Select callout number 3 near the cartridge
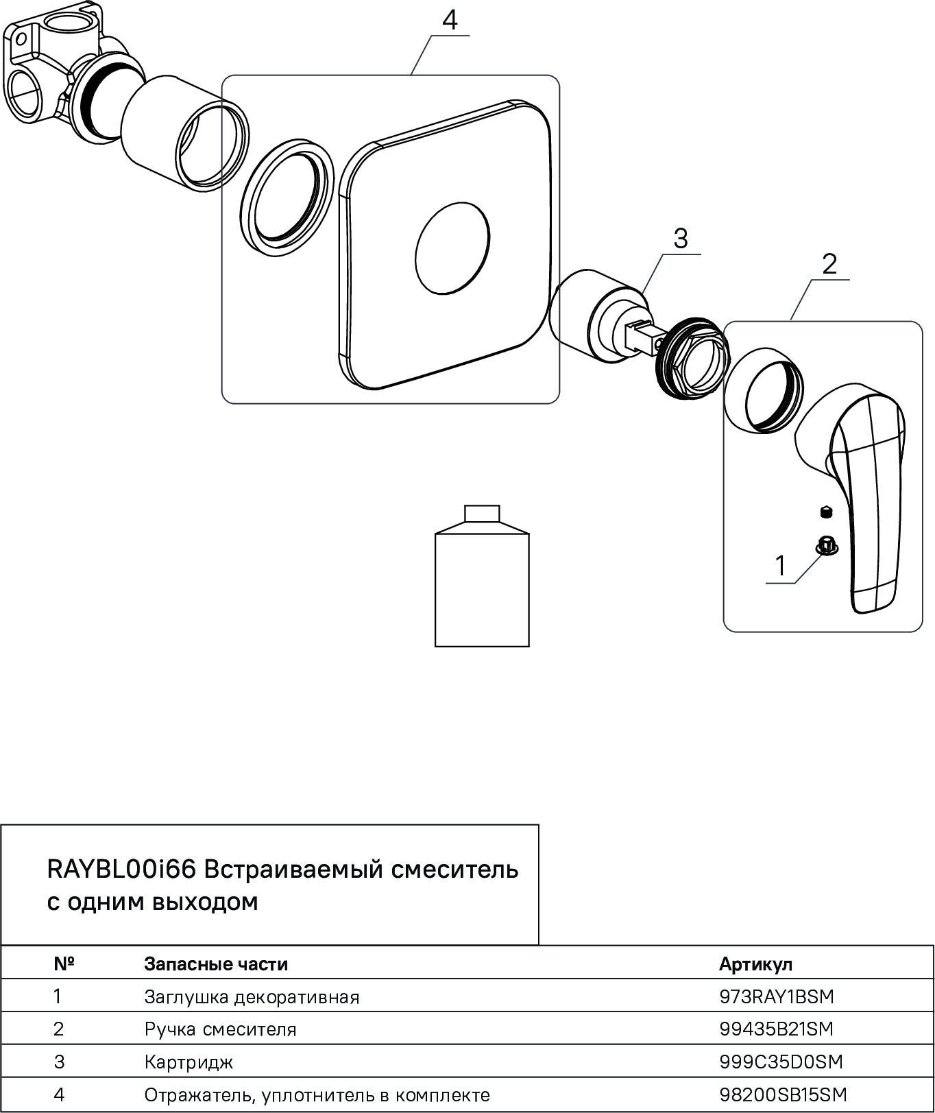click(679, 239)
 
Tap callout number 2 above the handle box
click(829, 264)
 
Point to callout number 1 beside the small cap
click(779, 566)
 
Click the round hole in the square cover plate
click(452, 248)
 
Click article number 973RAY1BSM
click(776, 996)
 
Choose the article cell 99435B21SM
click(776, 1029)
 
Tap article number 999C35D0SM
click(780, 1062)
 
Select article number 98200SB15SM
click(783, 1094)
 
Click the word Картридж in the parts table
click(189, 1062)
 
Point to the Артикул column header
click(755, 964)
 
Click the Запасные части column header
click(215, 964)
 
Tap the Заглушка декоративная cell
click(252, 996)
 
